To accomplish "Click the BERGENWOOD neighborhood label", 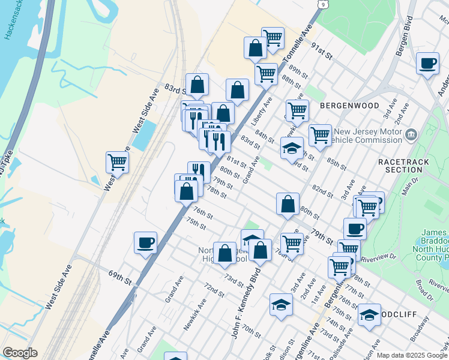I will point(349,106).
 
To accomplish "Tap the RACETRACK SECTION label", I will point(400,166).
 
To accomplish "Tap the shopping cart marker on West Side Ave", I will point(117,162).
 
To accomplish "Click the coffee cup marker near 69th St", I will point(145,243).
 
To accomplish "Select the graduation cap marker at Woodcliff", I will point(369,314).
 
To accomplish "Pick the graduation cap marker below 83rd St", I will point(292,148).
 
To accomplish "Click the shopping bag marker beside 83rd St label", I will point(197,85).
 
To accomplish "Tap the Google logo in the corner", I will point(19,353).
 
